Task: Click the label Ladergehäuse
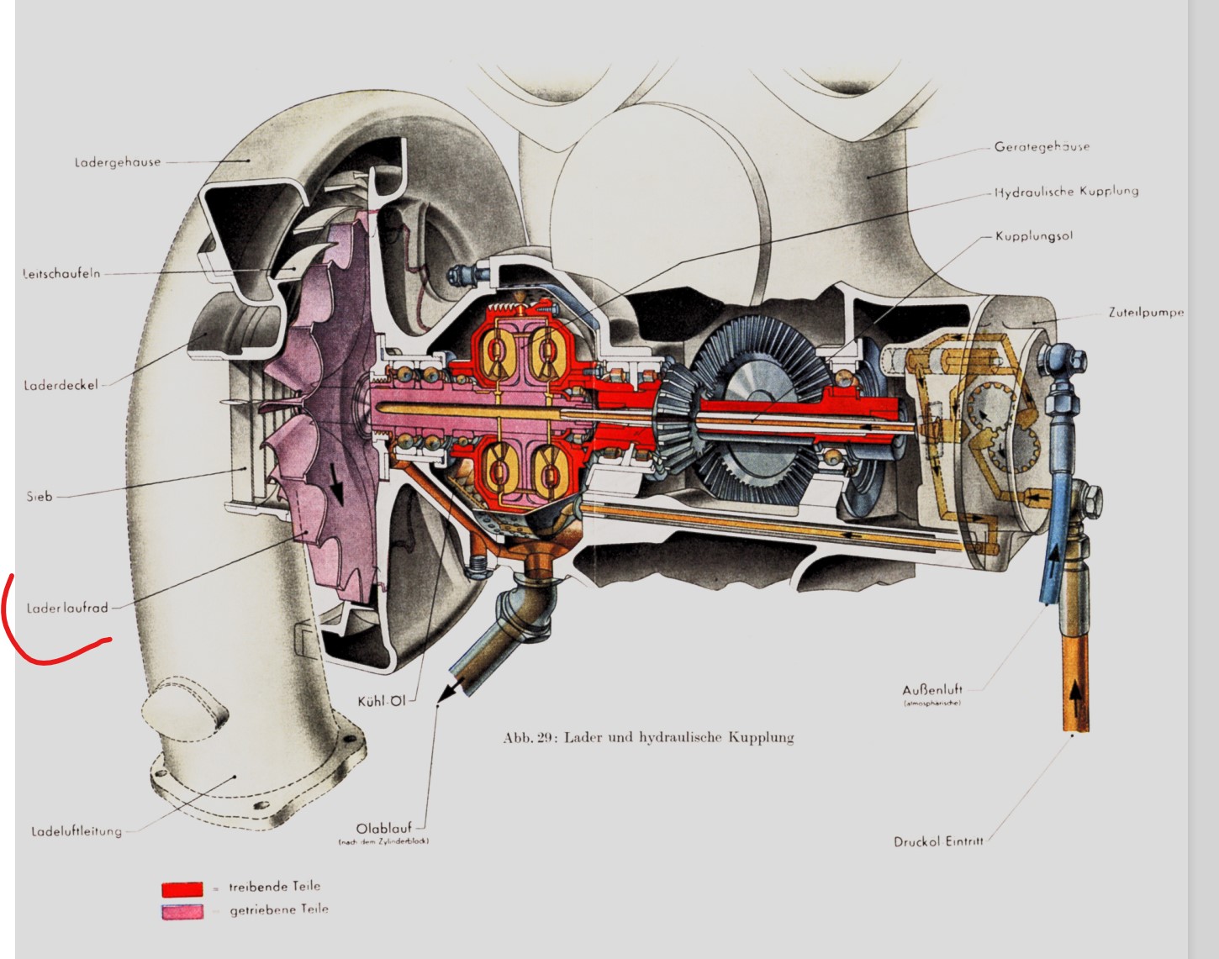pos(117,162)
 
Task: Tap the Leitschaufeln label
pos(61,273)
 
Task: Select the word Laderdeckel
pos(61,385)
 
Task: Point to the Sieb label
pos(40,496)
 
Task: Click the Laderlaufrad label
pos(67,608)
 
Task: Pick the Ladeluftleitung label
pos(77,831)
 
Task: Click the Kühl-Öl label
pos(381,701)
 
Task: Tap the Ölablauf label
pos(383,828)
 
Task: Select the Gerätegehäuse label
pos(1042,146)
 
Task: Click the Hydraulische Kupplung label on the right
pos(1066,192)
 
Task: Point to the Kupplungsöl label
pos(1034,236)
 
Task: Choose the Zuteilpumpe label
pos(1146,312)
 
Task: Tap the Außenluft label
pos(932,689)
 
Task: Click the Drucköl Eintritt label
pos(938,840)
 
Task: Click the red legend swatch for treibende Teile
pos(182,888)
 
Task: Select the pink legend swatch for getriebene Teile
pos(182,911)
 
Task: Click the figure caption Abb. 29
pos(648,737)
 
